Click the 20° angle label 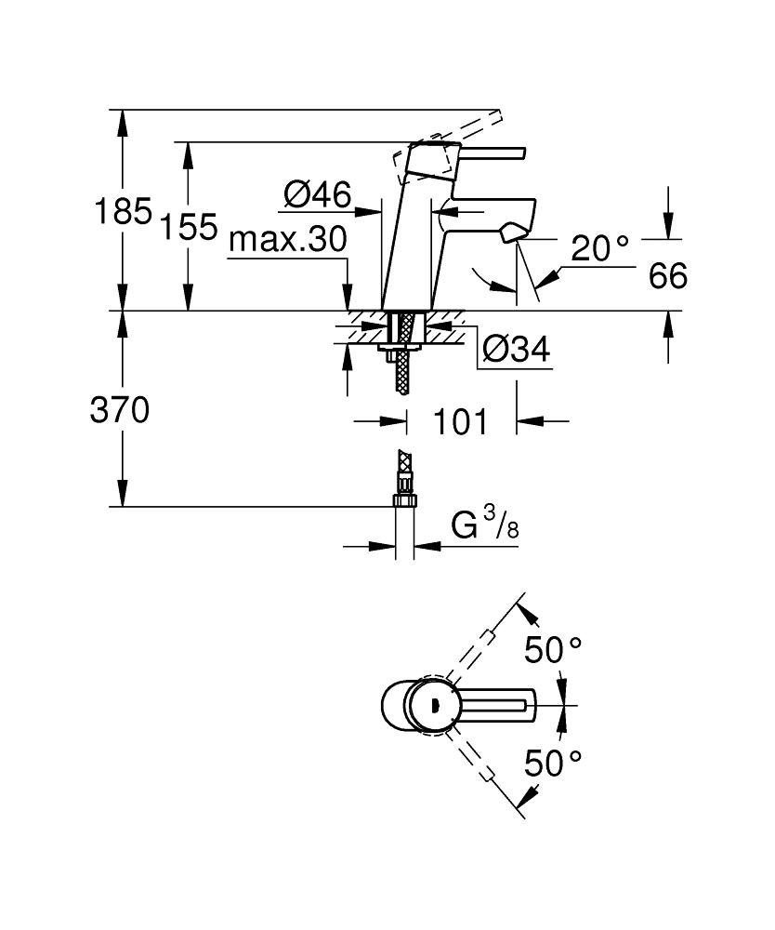[x=600, y=247]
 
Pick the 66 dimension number [x=668, y=275]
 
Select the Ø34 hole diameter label [x=517, y=351]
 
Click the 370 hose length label [x=119, y=410]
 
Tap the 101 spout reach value [x=460, y=421]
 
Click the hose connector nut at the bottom [x=403, y=499]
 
